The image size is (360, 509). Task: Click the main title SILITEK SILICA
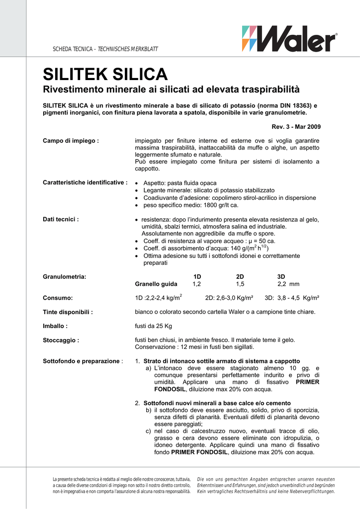tap(105, 75)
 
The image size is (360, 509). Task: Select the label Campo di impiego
tap(71, 141)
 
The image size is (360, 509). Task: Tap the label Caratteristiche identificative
tap(85, 183)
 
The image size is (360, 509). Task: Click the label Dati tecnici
tap(61, 219)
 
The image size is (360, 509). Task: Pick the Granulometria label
tap(65, 276)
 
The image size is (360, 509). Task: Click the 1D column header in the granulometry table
tap(197, 276)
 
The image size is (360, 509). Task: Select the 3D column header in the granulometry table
tap(281, 276)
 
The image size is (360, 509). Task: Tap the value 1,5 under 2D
tap(240, 284)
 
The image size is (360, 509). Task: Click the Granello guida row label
tap(156, 284)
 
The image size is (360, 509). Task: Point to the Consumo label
tap(58, 298)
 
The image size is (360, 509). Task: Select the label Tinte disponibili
tap(68, 312)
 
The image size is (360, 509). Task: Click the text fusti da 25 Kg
tap(154, 326)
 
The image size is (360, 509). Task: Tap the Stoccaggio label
tap(61, 340)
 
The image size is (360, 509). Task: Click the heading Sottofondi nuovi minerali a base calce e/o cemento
tap(217, 403)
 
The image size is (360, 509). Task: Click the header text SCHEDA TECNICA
tap(73, 49)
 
